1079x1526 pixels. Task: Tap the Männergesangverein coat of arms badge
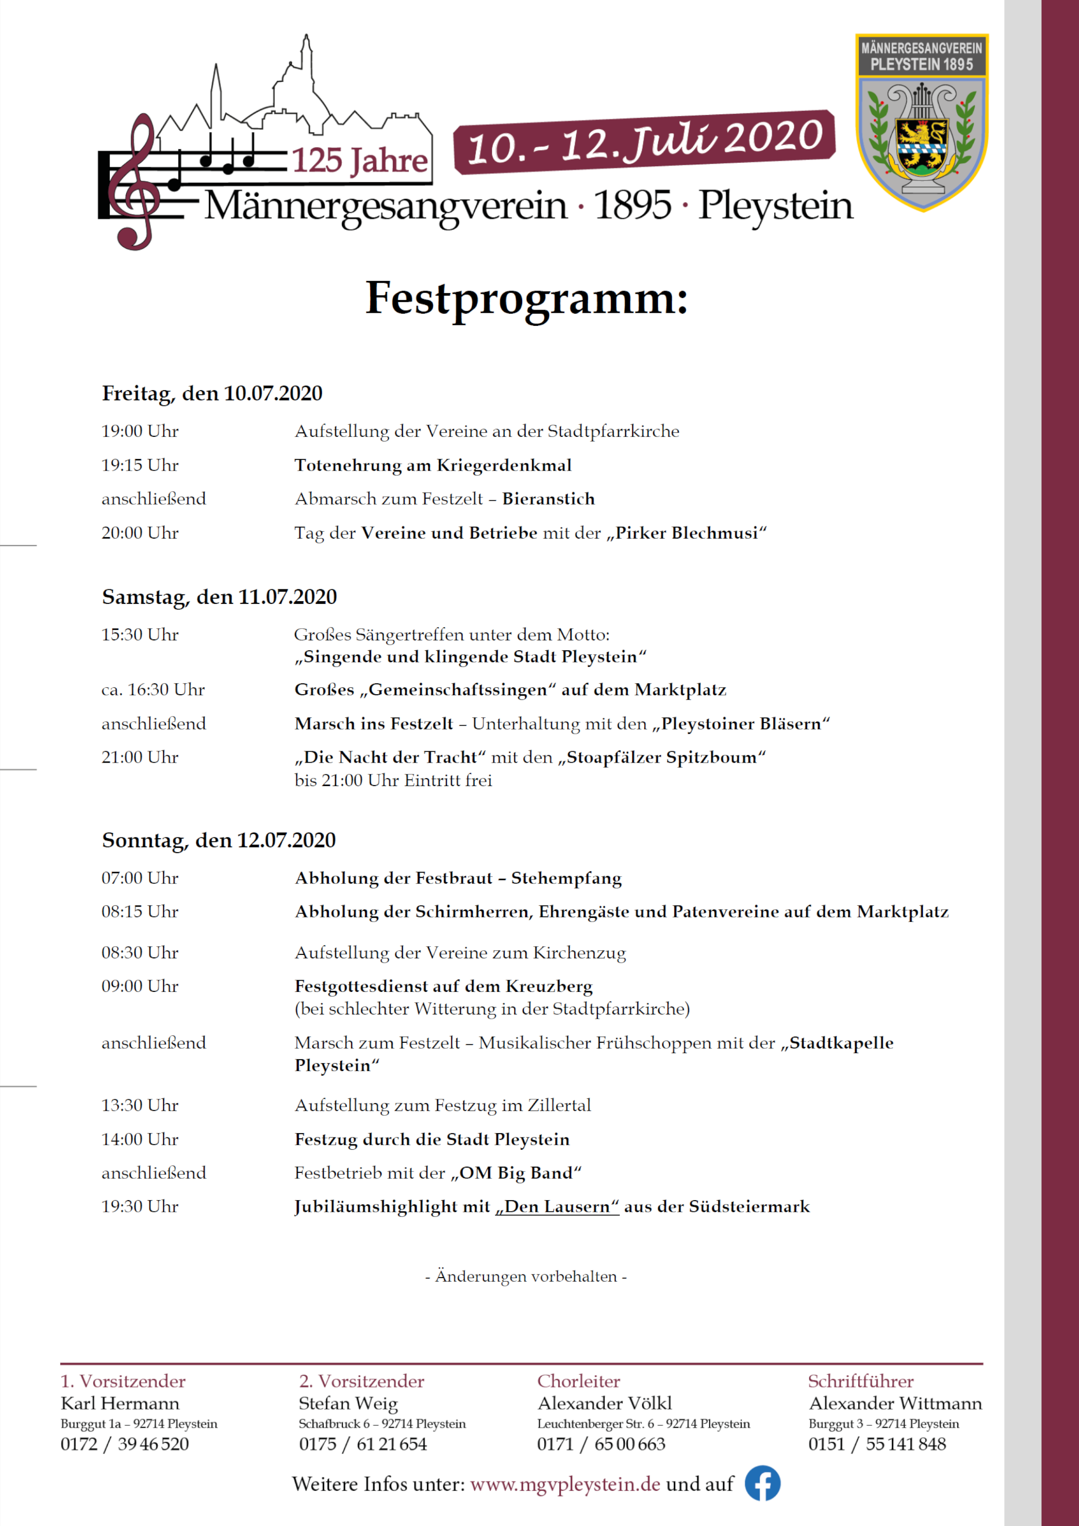click(x=922, y=123)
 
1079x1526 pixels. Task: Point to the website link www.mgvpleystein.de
click(x=565, y=1484)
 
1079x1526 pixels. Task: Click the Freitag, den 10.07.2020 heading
click(x=212, y=394)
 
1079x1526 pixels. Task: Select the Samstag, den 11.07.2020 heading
click(x=219, y=597)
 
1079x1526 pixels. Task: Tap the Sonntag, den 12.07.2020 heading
click(x=219, y=840)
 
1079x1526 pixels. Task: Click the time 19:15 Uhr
click(x=140, y=465)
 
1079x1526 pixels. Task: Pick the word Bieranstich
click(x=549, y=499)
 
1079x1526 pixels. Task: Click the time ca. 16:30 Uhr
click(x=153, y=690)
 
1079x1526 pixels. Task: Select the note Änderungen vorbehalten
click(x=526, y=1276)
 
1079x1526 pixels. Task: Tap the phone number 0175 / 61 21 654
click(x=363, y=1444)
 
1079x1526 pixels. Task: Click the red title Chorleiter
click(x=578, y=1381)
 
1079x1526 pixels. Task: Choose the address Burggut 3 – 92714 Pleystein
click(x=884, y=1424)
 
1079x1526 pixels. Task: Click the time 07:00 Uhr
click(x=140, y=878)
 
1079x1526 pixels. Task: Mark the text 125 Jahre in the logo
click(x=360, y=161)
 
